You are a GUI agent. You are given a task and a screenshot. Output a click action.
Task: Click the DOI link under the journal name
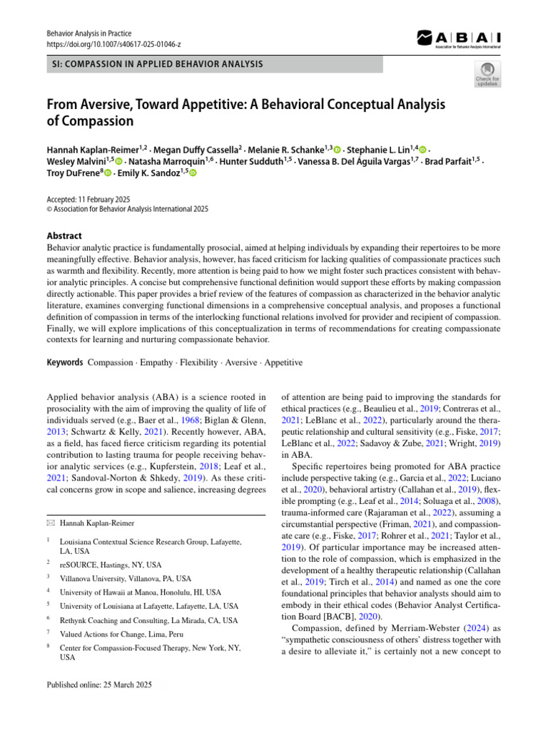[x=113, y=44]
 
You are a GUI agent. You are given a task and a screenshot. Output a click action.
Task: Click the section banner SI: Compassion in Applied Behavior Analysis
[x=158, y=64]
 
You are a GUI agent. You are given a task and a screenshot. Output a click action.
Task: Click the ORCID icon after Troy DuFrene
[x=108, y=173]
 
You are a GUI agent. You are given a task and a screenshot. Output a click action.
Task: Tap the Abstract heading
[x=64, y=236]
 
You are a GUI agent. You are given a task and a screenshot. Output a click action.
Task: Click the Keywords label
[x=64, y=362]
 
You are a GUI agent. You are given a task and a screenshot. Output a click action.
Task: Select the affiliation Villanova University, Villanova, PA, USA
[x=126, y=578]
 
